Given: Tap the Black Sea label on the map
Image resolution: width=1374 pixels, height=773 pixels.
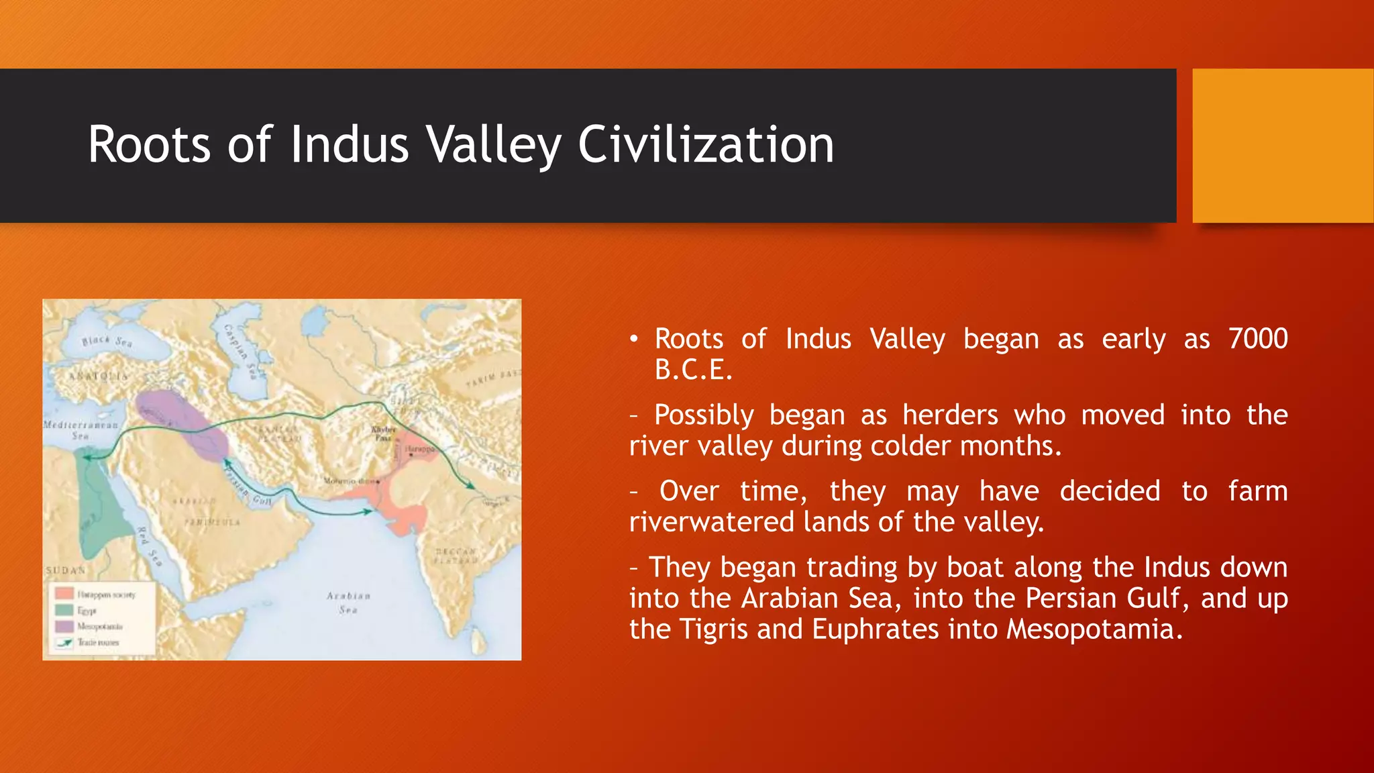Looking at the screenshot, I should (x=107, y=341).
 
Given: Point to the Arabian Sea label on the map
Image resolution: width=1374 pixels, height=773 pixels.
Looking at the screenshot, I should (x=348, y=603).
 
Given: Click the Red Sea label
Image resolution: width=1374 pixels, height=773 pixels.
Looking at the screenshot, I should (x=150, y=546).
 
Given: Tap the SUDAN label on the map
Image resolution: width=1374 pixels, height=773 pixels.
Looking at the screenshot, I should (x=66, y=570).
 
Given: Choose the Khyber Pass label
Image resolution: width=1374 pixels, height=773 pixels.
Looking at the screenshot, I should (x=384, y=433).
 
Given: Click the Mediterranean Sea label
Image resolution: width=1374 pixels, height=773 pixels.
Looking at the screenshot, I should (x=80, y=430).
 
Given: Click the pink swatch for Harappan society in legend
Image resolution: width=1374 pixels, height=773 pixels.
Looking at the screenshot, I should (x=64, y=594).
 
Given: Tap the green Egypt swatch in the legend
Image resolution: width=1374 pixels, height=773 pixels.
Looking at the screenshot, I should (x=64, y=610).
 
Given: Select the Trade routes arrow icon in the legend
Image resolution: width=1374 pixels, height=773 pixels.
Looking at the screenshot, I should (x=64, y=642).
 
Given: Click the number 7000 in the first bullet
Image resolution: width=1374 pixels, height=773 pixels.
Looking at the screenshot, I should (x=1257, y=339).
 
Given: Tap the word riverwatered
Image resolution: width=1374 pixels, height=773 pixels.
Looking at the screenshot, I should (x=711, y=522).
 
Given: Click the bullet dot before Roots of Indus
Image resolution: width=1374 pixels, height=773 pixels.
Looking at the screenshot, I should (x=634, y=339).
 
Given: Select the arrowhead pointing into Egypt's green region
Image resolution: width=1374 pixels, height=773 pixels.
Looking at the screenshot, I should (x=87, y=458).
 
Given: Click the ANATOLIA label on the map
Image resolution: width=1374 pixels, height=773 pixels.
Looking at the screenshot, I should (x=99, y=376).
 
